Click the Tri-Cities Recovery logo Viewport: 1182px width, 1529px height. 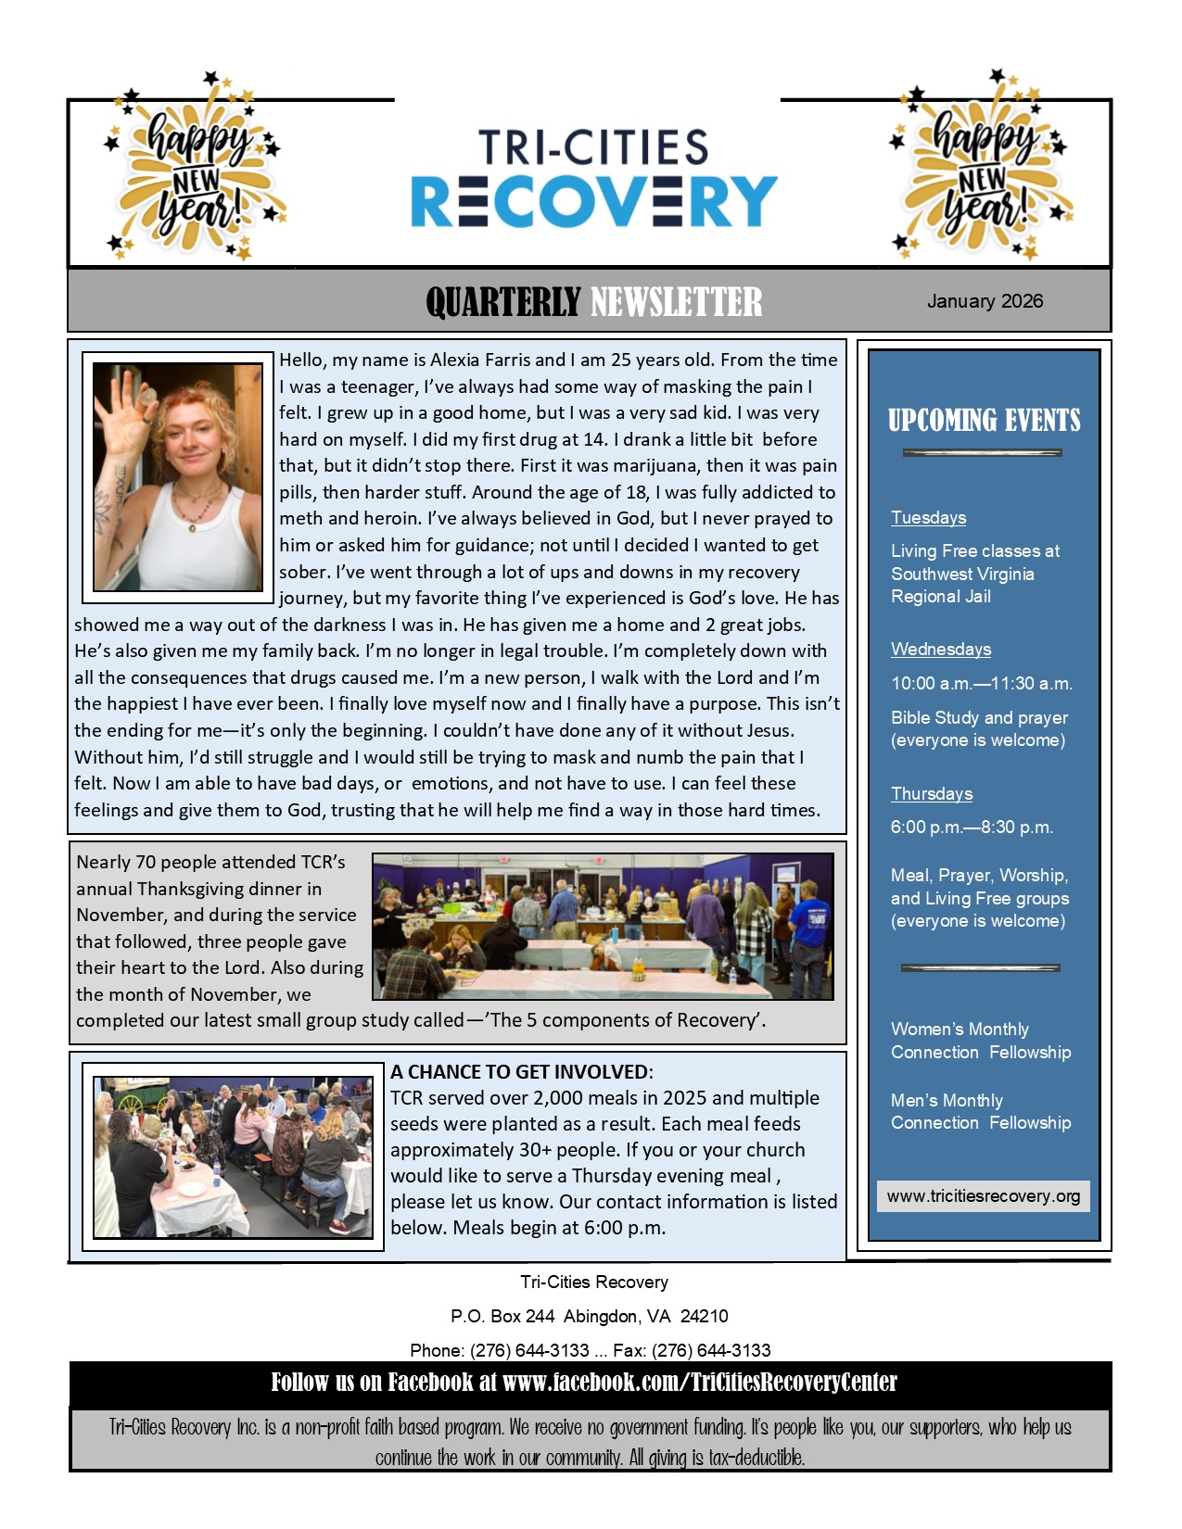click(593, 180)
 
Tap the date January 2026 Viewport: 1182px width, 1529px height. click(985, 301)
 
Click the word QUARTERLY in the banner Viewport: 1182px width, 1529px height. click(503, 302)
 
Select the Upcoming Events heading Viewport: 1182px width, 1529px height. click(984, 421)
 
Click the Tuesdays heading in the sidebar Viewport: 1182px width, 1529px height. click(928, 517)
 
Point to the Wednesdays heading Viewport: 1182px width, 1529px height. click(941, 649)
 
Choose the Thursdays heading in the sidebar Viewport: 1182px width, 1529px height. click(932, 793)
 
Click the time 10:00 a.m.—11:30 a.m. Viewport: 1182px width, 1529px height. click(982, 683)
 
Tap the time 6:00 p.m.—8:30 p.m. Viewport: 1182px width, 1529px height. click(972, 827)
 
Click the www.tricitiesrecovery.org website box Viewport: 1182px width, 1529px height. click(984, 1195)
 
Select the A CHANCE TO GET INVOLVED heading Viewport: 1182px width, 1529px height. click(521, 1071)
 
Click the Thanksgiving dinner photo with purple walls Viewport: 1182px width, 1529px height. click(603, 926)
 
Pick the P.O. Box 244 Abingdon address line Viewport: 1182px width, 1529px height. click(590, 1316)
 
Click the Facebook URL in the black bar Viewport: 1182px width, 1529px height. click(699, 1383)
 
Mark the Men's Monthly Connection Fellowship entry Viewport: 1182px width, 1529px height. click(980, 1111)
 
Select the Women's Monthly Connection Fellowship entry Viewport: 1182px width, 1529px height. click(980, 1041)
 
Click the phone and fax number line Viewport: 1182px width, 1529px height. click(590, 1350)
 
